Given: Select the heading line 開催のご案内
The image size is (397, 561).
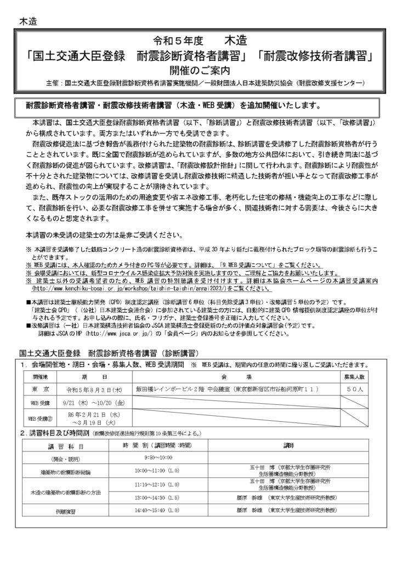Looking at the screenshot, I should (198, 70).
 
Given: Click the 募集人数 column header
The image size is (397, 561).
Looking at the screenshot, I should (359, 377).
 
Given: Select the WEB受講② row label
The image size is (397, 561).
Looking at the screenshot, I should (40, 419).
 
